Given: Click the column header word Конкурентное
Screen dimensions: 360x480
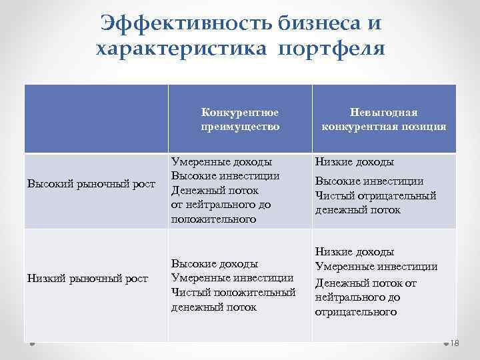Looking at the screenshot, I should [x=239, y=113].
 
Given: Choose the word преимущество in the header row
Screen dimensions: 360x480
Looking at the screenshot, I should [x=239, y=126].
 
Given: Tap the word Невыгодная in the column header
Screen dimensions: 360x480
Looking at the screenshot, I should [x=383, y=113].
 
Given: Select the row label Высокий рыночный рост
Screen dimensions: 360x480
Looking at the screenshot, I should [x=91, y=183].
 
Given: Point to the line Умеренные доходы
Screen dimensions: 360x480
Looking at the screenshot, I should [x=221, y=161].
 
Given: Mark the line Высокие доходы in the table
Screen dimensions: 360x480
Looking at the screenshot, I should [x=215, y=264].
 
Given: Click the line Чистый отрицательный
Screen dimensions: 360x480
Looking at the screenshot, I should [x=375, y=195].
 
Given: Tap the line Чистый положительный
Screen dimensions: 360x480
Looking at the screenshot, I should [x=233, y=293].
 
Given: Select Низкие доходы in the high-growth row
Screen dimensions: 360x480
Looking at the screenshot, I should [x=355, y=161].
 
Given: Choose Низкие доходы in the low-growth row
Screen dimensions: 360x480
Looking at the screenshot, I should [x=355, y=252].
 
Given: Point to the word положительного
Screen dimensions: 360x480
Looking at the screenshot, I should [x=213, y=219].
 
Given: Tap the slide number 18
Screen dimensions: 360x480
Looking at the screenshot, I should [x=456, y=343].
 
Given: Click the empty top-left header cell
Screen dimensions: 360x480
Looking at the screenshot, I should [x=96, y=119].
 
